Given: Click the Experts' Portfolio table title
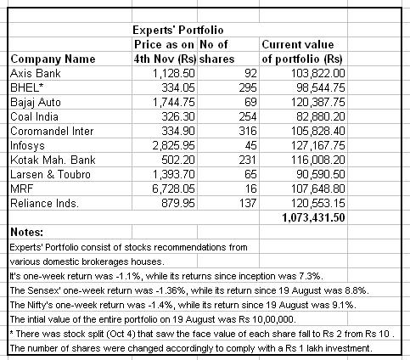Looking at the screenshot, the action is click(x=178, y=30).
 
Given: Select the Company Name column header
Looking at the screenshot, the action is click(x=53, y=59).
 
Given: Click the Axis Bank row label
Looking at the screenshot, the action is click(x=36, y=73).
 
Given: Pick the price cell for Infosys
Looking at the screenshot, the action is click(x=173, y=145).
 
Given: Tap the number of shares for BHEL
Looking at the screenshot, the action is click(x=248, y=87).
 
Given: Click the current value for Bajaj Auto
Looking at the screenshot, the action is click(x=318, y=102).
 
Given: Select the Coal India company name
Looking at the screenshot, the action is click(x=34, y=116).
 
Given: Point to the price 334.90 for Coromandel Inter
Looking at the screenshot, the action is click(x=178, y=131).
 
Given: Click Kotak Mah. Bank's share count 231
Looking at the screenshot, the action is click(x=248, y=160).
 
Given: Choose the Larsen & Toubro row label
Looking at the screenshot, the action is click(x=50, y=174).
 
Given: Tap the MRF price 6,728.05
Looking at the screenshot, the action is click(x=173, y=188).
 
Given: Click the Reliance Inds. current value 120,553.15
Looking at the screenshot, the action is click(x=318, y=203).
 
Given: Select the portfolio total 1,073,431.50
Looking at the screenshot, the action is click(x=313, y=217).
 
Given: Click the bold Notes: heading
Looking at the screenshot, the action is click(x=27, y=232).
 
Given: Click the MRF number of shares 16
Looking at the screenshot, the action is click(x=250, y=188).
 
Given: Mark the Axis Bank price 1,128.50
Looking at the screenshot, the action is click(x=174, y=73).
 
